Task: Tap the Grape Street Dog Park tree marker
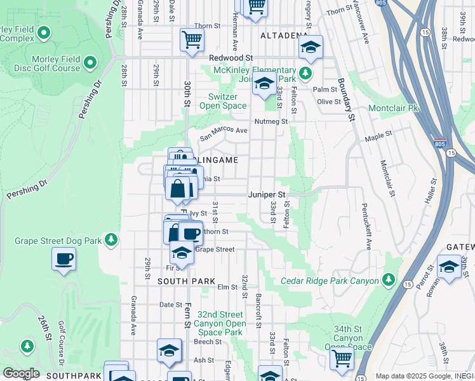coord(112,239)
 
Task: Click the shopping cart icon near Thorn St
coord(191,39)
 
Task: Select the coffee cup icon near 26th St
coord(64,259)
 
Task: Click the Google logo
coord(20,373)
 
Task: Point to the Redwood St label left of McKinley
coord(231,57)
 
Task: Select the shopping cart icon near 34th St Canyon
coord(342,358)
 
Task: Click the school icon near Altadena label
coord(311,47)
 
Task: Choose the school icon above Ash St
coord(170,351)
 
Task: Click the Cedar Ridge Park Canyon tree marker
coord(388,281)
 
